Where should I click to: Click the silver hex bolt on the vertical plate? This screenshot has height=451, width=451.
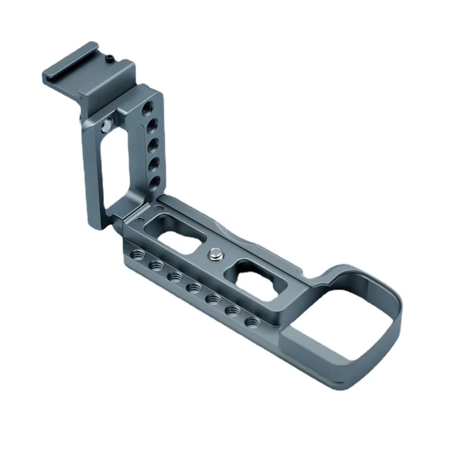(107, 124)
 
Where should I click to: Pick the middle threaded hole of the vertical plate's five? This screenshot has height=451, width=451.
(152, 144)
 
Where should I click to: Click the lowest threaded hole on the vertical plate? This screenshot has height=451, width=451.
(153, 182)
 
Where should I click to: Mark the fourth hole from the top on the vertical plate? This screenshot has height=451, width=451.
(152, 163)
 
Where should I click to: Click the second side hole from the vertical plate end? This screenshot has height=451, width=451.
(154, 265)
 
